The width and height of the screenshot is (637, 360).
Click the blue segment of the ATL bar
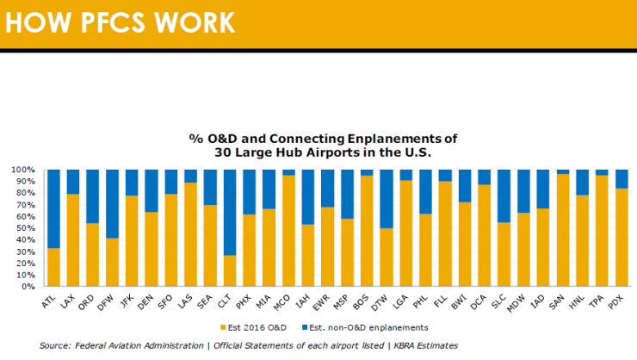54,207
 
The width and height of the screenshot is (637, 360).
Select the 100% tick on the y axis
22,170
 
